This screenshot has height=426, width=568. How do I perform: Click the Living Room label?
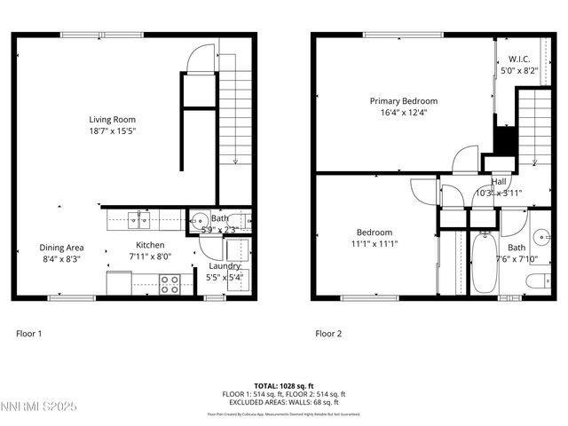pos(112,119)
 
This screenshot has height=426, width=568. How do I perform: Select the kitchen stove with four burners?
pos(170,285)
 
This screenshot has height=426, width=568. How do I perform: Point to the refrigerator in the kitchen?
pos(119,282)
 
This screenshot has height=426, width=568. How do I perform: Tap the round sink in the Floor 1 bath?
pos(198,221)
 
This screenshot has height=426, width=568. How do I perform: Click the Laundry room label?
pos(225,266)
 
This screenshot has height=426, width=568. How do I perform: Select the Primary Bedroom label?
pos(403,101)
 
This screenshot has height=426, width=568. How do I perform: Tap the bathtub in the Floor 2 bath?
pos(485,264)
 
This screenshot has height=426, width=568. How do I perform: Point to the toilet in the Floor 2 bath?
pos(536,282)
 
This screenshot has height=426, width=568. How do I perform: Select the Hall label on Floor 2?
pos(500,182)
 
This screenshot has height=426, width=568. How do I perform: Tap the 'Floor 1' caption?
pos(28,335)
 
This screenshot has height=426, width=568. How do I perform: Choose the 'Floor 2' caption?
pos(327,335)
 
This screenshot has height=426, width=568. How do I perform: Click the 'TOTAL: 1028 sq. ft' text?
pos(283,386)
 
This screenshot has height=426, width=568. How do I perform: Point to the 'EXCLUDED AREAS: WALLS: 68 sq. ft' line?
pos(283,402)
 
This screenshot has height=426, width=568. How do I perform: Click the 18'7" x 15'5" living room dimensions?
pos(112,130)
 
